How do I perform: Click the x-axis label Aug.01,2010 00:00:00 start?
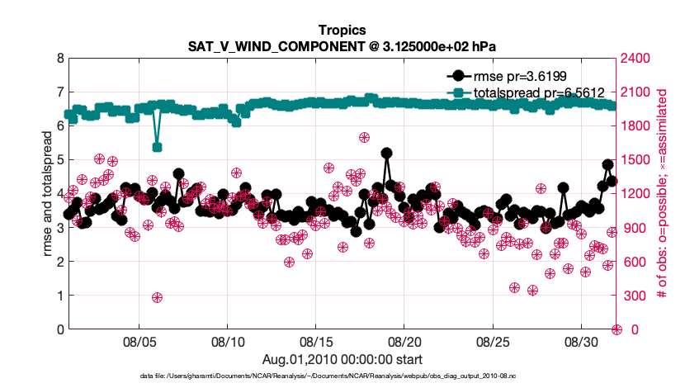click(342, 359)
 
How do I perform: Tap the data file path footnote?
click(342, 376)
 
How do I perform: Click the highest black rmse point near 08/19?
click(386, 154)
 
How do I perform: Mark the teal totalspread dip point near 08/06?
click(157, 147)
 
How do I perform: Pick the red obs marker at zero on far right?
click(616, 329)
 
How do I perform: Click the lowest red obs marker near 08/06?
click(157, 297)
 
